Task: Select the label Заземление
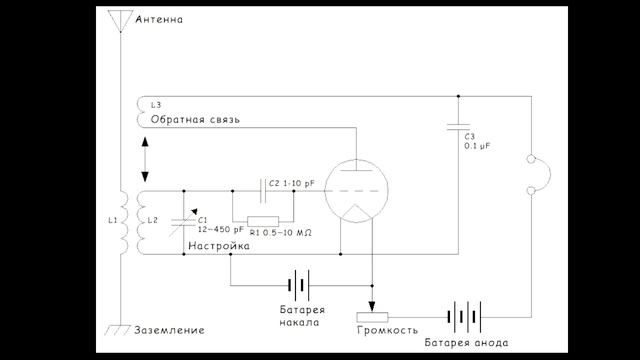169,330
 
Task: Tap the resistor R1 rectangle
262,220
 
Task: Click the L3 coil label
158,104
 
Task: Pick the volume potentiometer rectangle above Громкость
371,318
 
